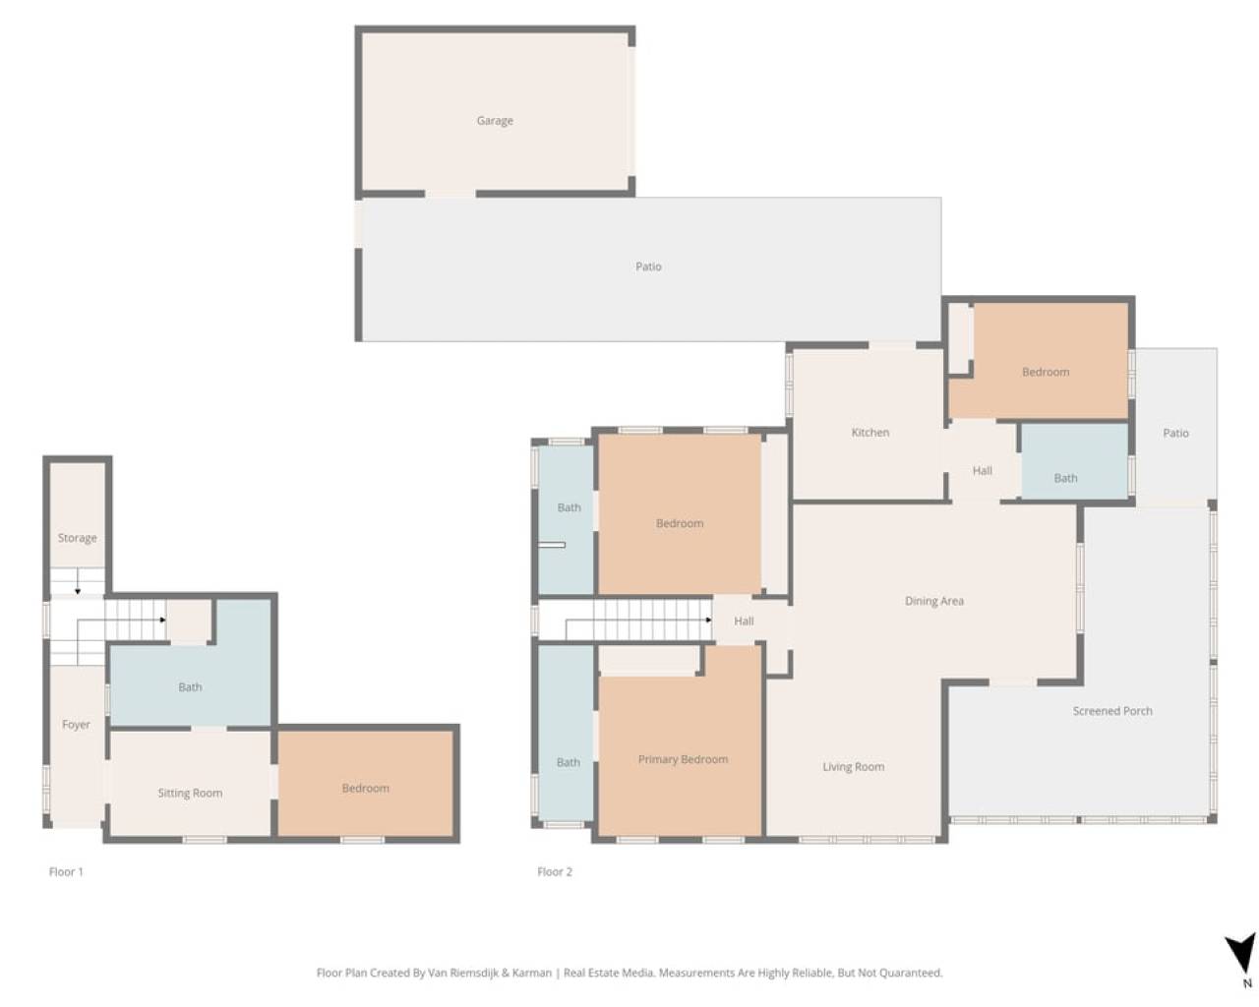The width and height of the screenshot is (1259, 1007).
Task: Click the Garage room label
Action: [495, 121]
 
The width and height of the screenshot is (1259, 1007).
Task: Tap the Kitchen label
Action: [869, 433]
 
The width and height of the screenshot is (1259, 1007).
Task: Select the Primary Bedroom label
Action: [683, 759]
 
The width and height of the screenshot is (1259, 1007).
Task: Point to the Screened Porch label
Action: [1112, 711]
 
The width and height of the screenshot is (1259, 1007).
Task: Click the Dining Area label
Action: [933, 601]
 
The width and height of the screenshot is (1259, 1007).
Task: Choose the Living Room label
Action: [853, 766]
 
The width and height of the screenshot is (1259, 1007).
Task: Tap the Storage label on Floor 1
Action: [78, 538]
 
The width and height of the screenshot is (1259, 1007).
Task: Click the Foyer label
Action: [76, 725]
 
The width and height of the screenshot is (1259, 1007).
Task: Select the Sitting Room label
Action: [190, 793]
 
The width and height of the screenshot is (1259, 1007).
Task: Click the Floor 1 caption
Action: [66, 872]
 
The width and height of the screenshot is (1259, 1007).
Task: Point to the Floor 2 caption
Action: [555, 872]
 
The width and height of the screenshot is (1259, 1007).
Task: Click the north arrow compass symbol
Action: [1240, 954]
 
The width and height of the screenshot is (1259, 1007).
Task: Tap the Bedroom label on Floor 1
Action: [365, 788]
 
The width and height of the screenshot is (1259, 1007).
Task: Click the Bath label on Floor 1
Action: [190, 687]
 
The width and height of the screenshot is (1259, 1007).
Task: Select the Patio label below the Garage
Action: [648, 267]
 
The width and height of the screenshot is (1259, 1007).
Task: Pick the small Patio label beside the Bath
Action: [1175, 433]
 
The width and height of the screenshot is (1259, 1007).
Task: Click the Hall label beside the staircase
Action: [744, 621]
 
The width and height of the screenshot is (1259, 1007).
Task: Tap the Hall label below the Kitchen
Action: [983, 470]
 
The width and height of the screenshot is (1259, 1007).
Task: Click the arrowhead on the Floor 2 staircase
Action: [709, 620]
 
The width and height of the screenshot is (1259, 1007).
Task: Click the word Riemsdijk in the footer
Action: [473, 973]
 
